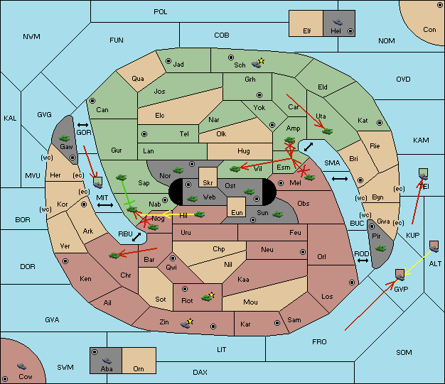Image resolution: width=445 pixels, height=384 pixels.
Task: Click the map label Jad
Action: point(178,65)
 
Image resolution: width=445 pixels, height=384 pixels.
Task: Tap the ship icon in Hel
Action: point(338,22)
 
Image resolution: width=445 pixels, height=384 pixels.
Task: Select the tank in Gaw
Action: point(65,138)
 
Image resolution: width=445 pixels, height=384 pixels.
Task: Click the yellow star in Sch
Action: point(262,60)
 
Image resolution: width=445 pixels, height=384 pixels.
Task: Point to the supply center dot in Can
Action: point(92,101)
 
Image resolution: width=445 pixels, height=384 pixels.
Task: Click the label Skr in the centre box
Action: point(208,183)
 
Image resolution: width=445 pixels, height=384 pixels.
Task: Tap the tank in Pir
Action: point(380,248)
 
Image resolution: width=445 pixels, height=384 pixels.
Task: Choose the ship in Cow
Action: point(21,366)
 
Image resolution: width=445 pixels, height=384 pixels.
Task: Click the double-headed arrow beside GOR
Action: point(83,125)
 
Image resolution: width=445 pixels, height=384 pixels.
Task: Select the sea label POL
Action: point(161,12)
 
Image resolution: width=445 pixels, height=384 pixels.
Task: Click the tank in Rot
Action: point(207,298)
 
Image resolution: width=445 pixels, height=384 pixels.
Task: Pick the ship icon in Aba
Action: point(107,361)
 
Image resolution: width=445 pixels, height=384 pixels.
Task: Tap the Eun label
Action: point(237,212)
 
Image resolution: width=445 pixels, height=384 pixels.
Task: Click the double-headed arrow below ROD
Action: point(363,260)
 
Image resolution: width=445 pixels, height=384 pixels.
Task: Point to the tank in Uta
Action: point(327,131)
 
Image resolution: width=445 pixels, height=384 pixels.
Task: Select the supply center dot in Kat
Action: point(380,123)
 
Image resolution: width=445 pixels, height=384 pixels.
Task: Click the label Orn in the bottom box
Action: point(139,368)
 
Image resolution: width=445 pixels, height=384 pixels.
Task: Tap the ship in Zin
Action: point(186,324)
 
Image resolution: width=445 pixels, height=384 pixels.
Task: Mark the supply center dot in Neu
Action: point(303,252)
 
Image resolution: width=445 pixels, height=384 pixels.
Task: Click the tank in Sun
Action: point(277,214)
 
